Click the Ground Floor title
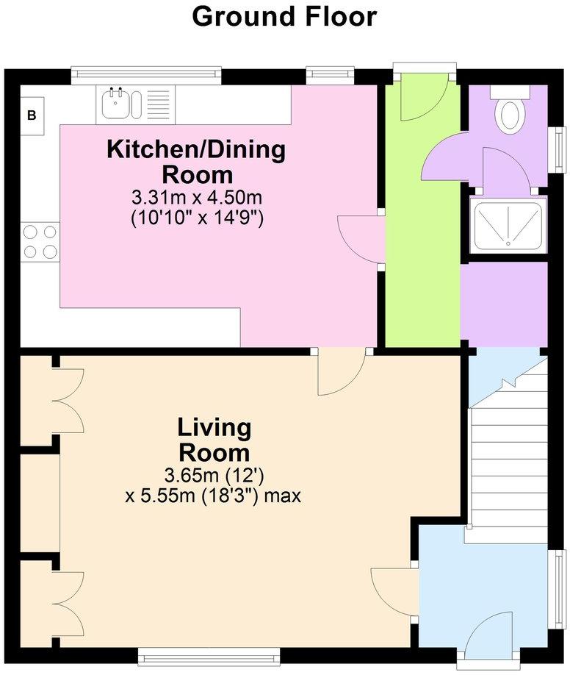[284, 17]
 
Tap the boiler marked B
[32, 115]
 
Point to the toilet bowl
[510, 115]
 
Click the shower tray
[508, 224]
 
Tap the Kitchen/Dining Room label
[196, 162]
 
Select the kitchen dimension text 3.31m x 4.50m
[197, 199]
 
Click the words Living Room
[214, 440]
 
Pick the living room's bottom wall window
[209, 657]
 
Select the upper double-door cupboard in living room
[68, 401]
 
